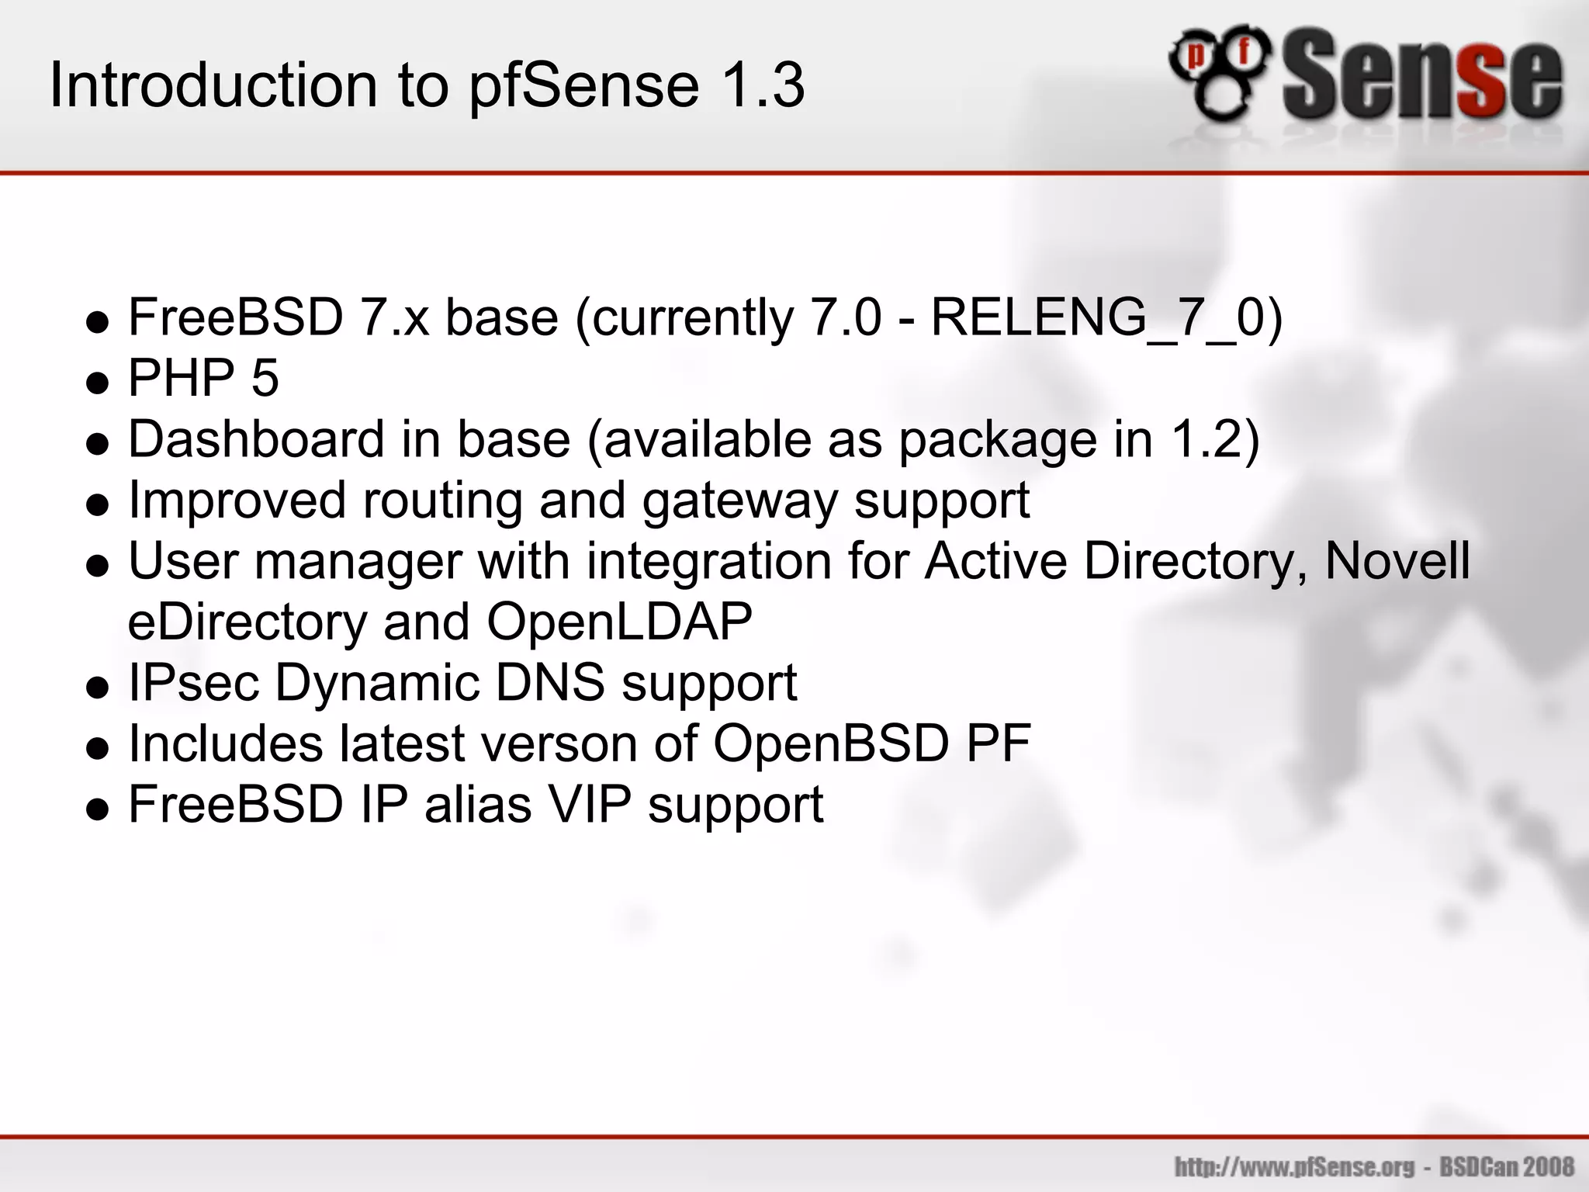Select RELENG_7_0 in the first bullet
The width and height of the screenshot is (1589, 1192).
tap(1097, 318)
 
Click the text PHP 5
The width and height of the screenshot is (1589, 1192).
tap(203, 379)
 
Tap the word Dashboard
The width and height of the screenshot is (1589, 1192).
tap(255, 439)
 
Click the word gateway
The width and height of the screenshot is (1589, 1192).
tap(739, 501)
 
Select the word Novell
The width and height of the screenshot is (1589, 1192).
tap(1397, 560)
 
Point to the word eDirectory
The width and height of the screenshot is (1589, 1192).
tap(246, 622)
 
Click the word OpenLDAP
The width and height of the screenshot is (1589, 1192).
tap(619, 622)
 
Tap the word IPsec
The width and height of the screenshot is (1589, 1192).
tap(193, 683)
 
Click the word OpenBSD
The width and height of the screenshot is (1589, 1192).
tap(831, 743)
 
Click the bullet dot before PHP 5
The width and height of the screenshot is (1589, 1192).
tap(98, 383)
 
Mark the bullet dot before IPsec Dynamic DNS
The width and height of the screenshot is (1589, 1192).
tap(98, 688)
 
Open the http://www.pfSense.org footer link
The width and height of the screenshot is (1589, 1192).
tap(1294, 1167)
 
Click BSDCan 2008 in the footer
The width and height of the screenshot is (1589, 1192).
tap(1507, 1167)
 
